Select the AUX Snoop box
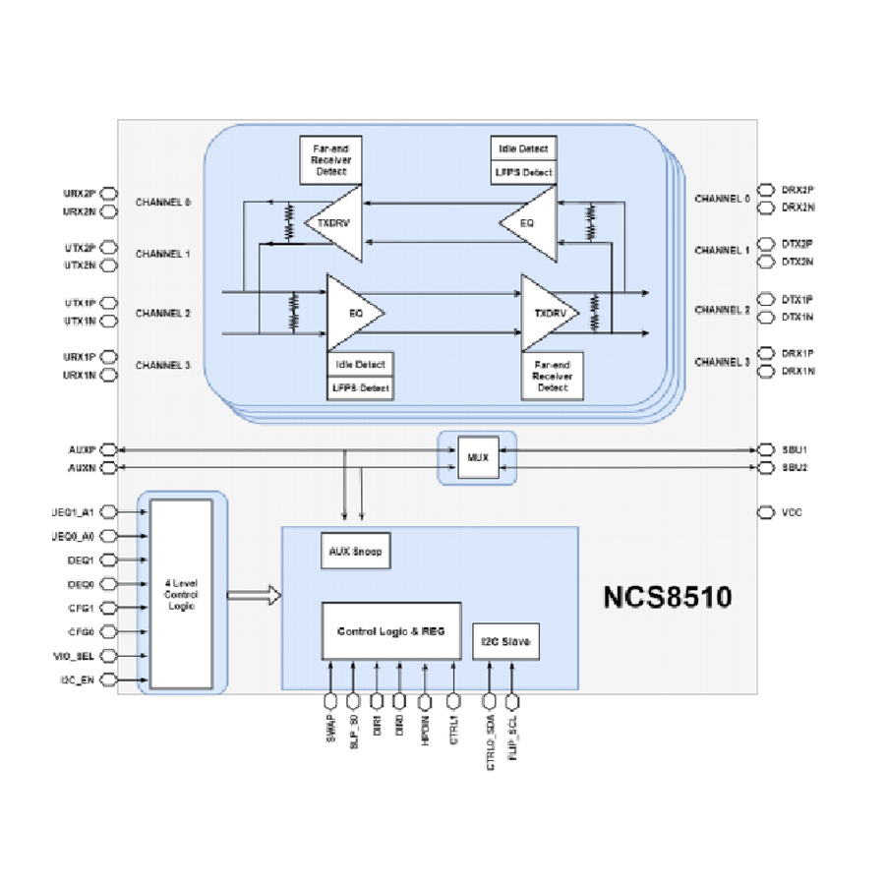351,552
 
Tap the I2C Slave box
506,642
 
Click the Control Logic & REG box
391,630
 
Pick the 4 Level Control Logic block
181,592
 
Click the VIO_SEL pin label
76,655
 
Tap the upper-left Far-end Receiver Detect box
330,160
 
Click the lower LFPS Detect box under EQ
360,388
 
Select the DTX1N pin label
797,317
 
